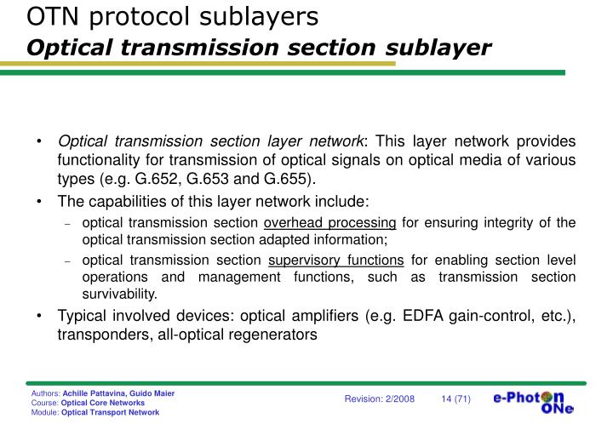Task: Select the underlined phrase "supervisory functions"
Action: click(x=336, y=259)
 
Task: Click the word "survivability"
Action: click(x=120, y=295)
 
